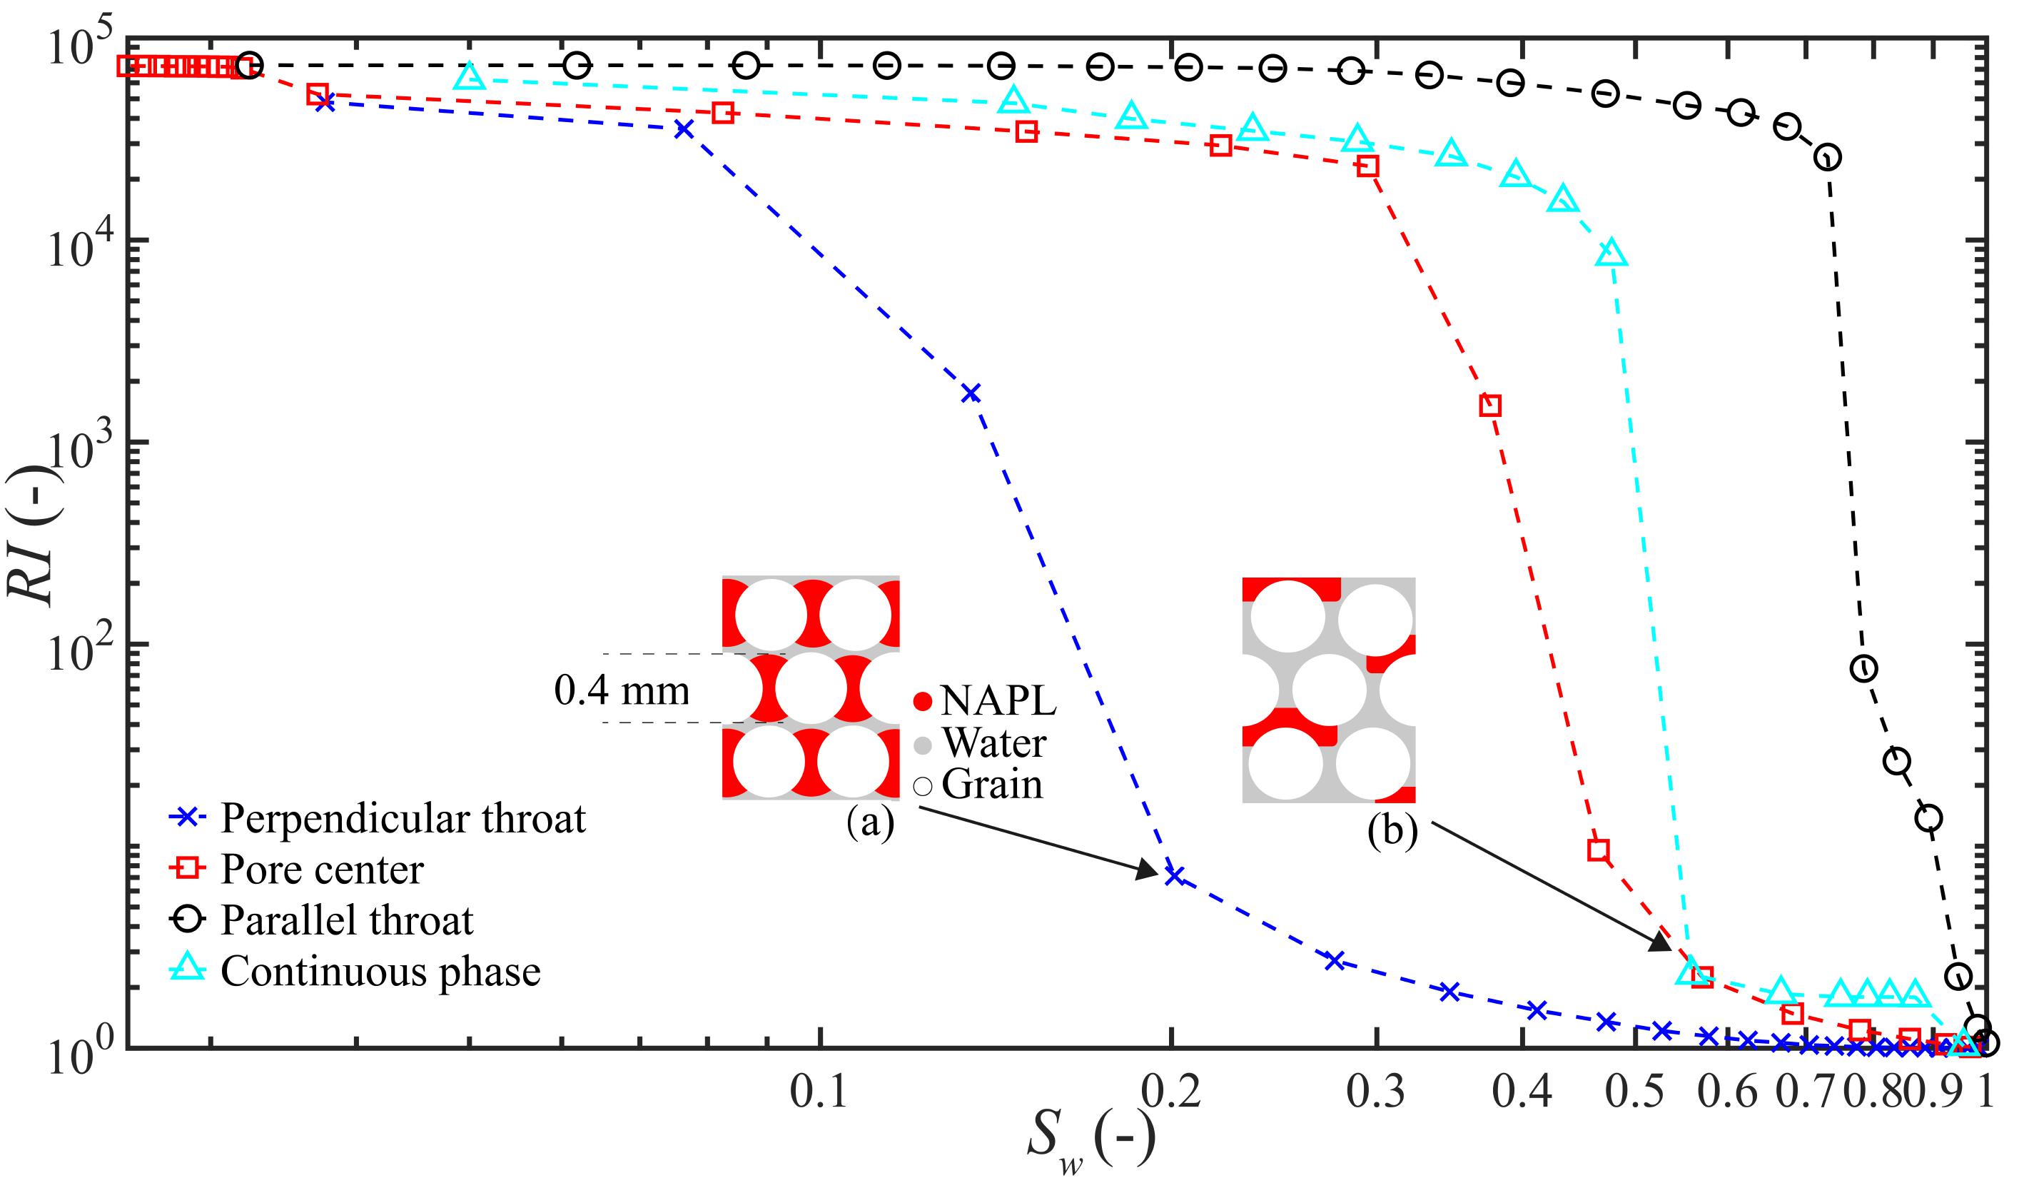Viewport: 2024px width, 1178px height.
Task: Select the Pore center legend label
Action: click(321, 870)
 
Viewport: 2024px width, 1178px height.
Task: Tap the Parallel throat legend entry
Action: click(346, 920)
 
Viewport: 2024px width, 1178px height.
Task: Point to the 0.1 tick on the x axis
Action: click(819, 1093)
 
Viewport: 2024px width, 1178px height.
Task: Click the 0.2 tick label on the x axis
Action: click(1173, 1093)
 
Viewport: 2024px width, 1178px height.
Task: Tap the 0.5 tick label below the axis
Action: click(1634, 1093)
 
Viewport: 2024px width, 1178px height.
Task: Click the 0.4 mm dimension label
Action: click(622, 690)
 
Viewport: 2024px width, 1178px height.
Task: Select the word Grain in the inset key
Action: click(992, 784)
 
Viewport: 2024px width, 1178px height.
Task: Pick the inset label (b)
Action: click(1392, 832)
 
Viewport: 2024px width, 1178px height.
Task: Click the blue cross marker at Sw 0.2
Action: click(1174, 875)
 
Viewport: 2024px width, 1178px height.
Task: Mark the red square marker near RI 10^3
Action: click(1490, 405)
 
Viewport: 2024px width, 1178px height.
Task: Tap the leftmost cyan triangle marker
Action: click(470, 77)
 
